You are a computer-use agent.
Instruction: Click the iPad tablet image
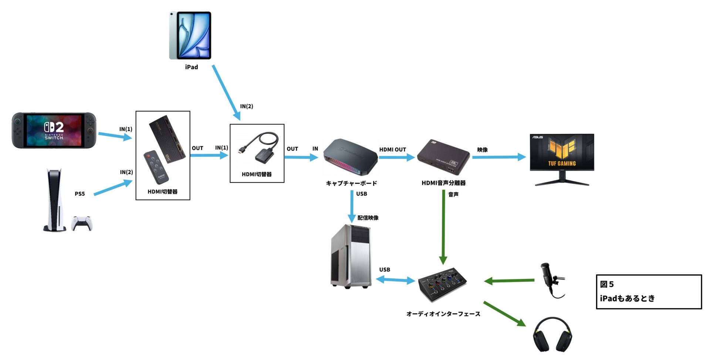tap(190, 35)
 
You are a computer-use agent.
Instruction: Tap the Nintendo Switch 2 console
tap(54, 130)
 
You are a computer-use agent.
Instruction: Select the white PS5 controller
tap(82, 223)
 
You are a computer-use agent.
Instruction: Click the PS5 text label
tap(80, 194)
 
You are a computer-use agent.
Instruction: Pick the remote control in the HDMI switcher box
tap(156, 167)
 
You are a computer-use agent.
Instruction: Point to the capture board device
tap(351, 157)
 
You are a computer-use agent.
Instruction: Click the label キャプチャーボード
tap(351, 183)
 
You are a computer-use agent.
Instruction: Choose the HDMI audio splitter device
tap(443, 157)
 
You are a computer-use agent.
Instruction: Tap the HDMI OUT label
tap(392, 150)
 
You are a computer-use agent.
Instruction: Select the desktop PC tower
tap(351, 256)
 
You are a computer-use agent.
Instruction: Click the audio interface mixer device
tap(443, 284)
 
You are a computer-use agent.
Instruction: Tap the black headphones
tap(552, 335)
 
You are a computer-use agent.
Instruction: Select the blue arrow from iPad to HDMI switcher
tap(226, 92)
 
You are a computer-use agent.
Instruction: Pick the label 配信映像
tap(368, 218)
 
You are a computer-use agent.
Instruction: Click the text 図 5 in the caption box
tap(607, 284)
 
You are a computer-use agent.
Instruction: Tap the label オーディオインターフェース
tap(443, 314)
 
